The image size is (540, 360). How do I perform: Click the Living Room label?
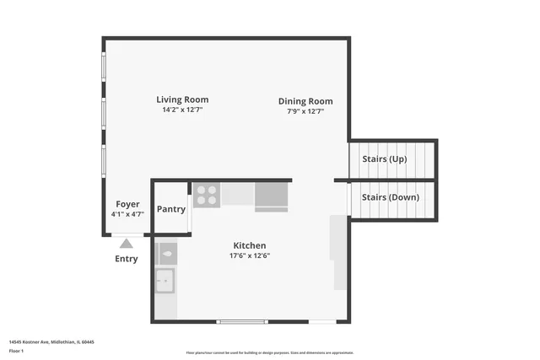[x=182, y=99]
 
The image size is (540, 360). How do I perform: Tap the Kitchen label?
[x=250, y=245]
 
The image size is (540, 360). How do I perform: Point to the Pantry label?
[x=171, y=209]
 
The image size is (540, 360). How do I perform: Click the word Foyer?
[x=127, y=204]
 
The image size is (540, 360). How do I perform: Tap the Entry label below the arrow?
[x=126, y=259]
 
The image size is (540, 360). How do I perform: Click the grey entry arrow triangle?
[x=126, y=244]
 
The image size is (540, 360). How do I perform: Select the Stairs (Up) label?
[x=384, y=159]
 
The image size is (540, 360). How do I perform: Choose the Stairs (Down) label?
[x=390, y=197]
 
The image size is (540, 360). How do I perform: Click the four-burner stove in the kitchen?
[x=206, y=196]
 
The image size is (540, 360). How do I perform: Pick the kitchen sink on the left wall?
[x=165, y=280]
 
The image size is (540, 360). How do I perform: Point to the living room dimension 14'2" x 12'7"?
[x=182, y=110]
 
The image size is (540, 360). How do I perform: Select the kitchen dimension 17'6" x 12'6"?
[x=251, y=255]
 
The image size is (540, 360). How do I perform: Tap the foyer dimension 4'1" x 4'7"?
[x=127, y=214]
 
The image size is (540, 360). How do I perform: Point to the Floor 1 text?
[x=16, y=350]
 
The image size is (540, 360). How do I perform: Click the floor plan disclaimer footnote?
[x=270, y=352]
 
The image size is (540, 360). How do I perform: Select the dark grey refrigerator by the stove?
[x=271, y=196]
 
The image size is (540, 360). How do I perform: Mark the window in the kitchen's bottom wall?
[x=242, y=321]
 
